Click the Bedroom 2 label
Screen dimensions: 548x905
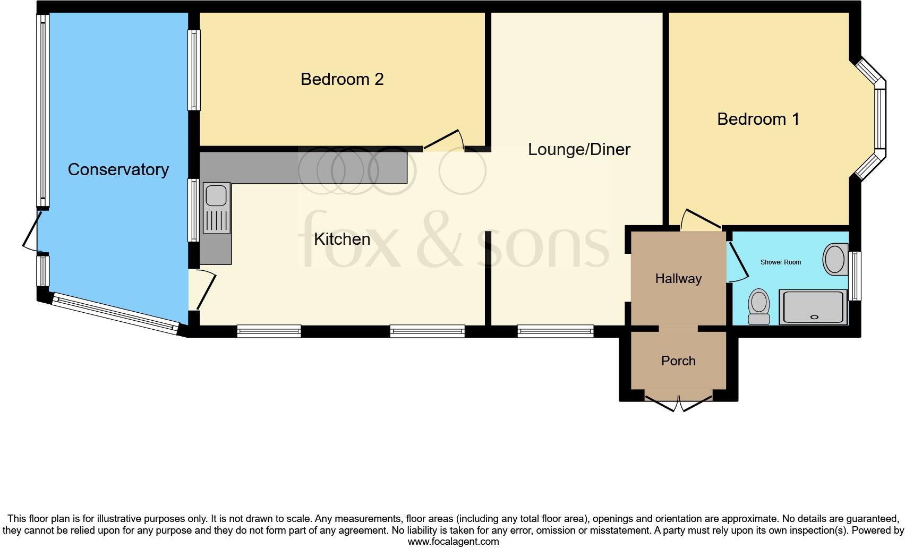tap(342, 80)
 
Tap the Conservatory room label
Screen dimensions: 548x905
tap(118, 170)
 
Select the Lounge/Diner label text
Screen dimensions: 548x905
tap(579, 150)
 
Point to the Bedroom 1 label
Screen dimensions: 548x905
tap(758, 119)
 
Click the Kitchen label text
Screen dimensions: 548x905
tap(342, 239)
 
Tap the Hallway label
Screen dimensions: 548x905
tap(678, 279)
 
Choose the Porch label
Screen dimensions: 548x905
tap(678, 361)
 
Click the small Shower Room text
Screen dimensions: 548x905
tap(780, 262)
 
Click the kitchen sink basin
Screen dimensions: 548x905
tap(216, 195)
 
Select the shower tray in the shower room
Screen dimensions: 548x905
tap(813, 307)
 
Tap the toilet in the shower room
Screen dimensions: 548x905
tap(758, 307)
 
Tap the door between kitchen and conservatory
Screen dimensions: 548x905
tap(206, 290)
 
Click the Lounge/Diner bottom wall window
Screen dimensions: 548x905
tap(556, 331)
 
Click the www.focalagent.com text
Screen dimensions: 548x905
tap(453, 542)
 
